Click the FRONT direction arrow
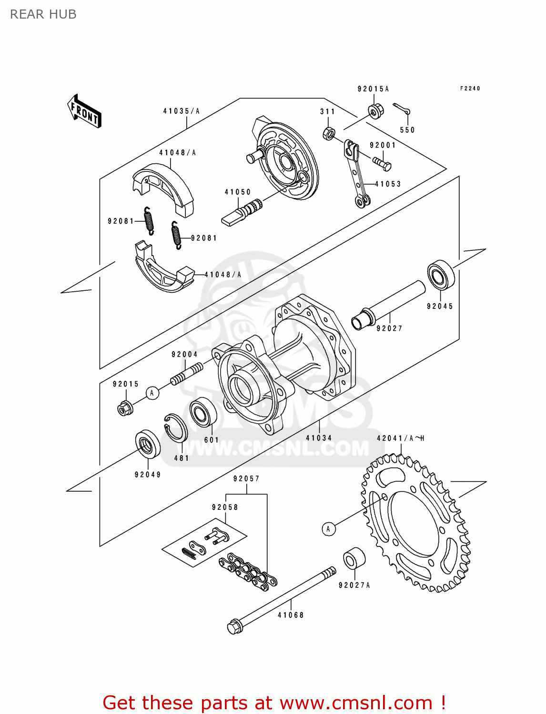[85, 111]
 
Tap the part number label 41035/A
[181, 111]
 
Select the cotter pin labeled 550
[401, 109]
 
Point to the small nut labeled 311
[328, 133]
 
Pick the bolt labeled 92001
[382, 164]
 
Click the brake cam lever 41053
[356, 174]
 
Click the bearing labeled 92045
[441, 275]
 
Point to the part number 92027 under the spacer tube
[389, 328]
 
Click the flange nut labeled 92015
[125, 408]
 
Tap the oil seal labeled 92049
[148, 444]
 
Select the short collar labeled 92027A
[354, 558]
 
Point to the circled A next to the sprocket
[328, 529]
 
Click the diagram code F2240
[470, 89]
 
